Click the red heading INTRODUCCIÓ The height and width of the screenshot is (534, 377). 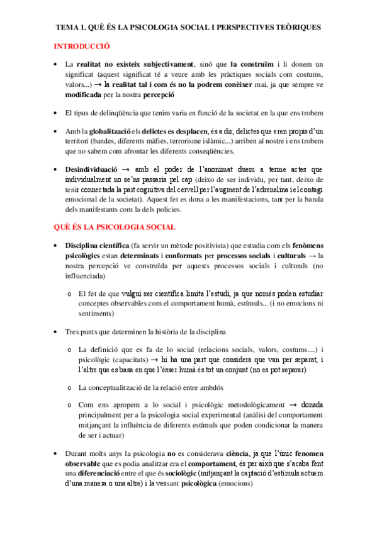82,46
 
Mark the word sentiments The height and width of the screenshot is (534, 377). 96,312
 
